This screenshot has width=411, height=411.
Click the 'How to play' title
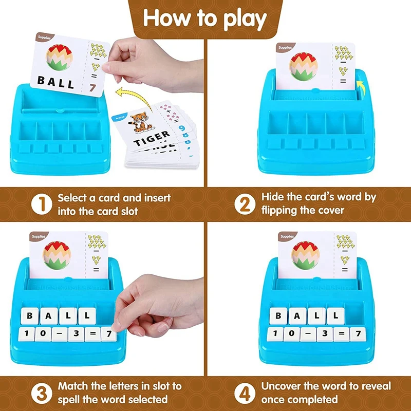(206, 18)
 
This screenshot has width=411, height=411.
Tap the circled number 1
(42, 204)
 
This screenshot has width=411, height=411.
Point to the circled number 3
(42, 393)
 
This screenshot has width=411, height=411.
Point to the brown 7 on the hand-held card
(92, 88)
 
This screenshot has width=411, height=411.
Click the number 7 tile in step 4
(358, 334)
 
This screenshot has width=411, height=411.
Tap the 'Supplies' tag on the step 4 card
(285, 237)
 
